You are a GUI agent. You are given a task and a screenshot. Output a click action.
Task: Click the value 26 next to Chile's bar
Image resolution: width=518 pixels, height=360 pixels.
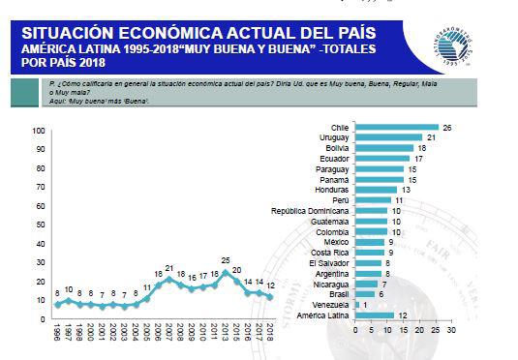point(446,127)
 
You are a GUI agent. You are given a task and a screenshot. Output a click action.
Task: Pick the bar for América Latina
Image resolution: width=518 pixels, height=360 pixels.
point(375,315)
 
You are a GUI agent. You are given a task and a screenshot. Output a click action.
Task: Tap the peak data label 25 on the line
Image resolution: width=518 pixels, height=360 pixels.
point(225,260)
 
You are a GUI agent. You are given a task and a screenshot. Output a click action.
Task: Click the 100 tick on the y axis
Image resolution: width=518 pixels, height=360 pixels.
point(39,131)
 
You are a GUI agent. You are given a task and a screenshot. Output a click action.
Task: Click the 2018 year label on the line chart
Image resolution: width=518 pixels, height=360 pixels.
point(271,334)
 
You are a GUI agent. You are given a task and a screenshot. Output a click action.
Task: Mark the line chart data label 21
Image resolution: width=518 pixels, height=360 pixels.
point(168,268)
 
